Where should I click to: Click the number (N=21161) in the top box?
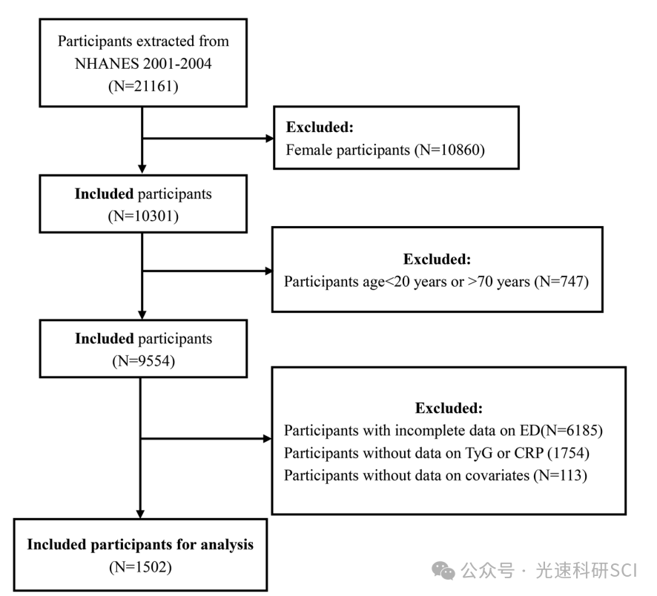(143, 86)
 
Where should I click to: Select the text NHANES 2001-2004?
(143, 64)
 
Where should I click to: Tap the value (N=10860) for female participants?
(449, 150)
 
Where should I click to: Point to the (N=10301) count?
(143, 216)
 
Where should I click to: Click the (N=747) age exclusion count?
(561, 282)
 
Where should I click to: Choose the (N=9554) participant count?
(143, 361)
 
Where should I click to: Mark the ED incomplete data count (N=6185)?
(571, 431)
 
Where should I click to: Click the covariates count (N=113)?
(560, 476)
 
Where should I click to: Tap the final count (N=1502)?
(140, 567)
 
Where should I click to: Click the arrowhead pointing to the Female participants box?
(269, 138)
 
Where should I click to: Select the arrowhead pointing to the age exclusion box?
(268, 271)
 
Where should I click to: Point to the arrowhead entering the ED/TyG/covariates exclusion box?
(268, 439)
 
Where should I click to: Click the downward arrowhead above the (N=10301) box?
(142, 169)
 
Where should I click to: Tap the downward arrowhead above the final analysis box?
(140, 514)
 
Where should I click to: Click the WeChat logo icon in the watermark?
(443, 571)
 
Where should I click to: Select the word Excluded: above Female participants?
(320, 127)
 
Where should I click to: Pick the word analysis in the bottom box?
(227, 545)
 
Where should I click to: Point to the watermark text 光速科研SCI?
(587, 571)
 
